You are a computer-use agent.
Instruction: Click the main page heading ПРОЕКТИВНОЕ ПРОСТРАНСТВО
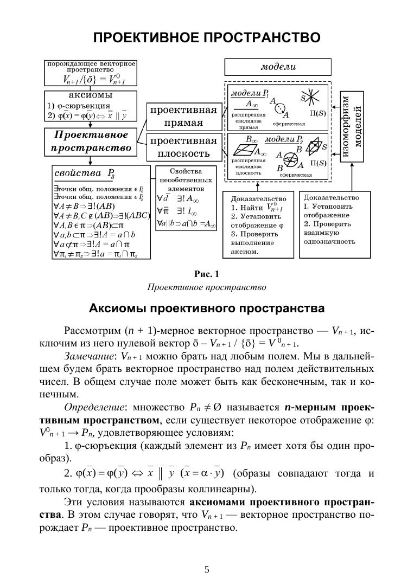pos(206,38)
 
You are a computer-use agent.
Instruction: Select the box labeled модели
pos(278,68)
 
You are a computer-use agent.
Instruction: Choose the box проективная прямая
pos(183,116)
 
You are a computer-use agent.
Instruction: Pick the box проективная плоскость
pos(183,147)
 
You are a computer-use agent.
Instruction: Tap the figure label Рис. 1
pos(206,273)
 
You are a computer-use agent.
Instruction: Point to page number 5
pos(207,569)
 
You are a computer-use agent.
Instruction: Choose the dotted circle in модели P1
pos(279,109)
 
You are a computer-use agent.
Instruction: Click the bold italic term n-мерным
pos(306,407)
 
